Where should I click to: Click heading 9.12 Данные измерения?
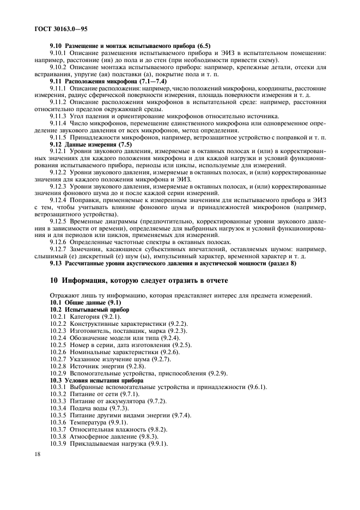[x=91, y=145]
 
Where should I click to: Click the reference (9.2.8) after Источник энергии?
[x=125, y=366]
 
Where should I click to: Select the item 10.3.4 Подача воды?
[x=90, y=408]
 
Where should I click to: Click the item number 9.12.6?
[x=58, y=241]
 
